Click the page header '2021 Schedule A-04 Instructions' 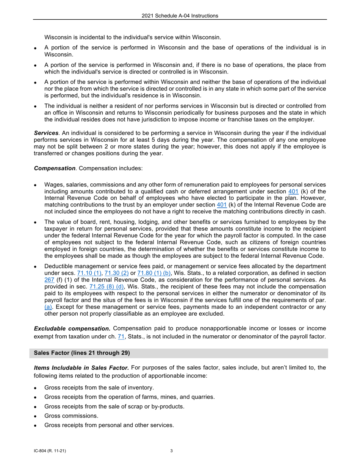tap(180, 16)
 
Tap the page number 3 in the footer tap(172, 451)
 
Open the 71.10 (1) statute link tap(89, 273)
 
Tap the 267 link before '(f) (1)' tap(49, 280)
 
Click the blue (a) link tap(49, 307)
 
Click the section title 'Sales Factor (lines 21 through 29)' tap(82, 353)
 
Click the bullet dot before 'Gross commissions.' tap(35, 416)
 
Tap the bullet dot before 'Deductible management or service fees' tap(35, 267)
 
